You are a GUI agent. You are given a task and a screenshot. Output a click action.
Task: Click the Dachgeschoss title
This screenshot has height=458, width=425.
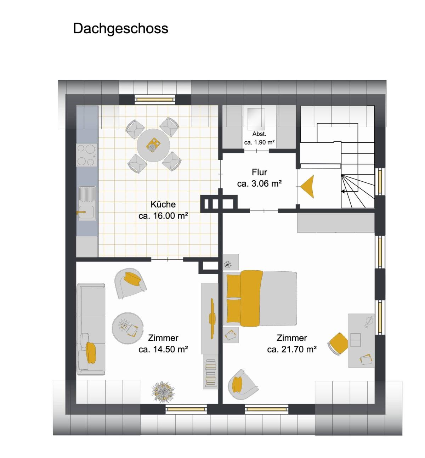120,29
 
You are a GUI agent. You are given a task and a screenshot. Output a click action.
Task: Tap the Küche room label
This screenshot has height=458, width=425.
163,204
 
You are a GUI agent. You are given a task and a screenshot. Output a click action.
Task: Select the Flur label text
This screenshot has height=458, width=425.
259,172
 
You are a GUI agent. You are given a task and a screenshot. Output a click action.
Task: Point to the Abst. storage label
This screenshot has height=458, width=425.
259,134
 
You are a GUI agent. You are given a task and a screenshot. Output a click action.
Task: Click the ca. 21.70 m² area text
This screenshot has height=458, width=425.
292,349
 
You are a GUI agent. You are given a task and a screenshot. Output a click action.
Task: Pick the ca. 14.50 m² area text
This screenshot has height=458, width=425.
163,349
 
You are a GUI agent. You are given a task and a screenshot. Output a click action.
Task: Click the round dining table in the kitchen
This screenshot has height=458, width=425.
153,145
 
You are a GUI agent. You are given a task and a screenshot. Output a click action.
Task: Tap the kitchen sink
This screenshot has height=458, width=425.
87,203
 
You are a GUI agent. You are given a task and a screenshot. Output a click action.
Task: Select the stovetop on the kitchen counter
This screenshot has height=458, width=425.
87,155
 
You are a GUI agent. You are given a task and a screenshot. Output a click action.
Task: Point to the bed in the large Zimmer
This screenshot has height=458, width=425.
260,299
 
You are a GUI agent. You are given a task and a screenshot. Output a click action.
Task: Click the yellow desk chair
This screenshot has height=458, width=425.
338,344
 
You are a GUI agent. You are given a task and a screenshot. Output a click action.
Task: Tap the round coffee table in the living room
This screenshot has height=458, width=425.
127,328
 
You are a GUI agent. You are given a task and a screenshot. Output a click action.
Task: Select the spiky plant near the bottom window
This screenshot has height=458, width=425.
163,392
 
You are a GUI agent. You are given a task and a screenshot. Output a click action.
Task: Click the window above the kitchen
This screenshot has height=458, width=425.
155,100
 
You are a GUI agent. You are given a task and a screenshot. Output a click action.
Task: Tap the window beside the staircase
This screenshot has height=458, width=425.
380,182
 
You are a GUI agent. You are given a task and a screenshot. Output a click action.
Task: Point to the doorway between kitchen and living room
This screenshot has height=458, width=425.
167,260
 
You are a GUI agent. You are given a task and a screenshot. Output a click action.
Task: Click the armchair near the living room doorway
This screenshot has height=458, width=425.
130,283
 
